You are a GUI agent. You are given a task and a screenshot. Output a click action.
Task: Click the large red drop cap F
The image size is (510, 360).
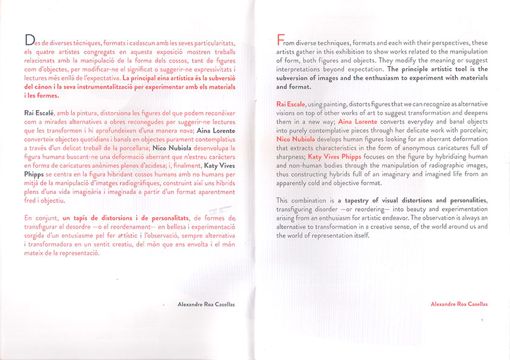280,41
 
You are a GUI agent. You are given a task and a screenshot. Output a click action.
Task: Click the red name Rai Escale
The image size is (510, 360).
291,105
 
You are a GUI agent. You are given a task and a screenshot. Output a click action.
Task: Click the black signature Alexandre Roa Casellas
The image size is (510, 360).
206,303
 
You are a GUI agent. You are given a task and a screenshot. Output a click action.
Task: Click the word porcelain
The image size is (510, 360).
470,131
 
